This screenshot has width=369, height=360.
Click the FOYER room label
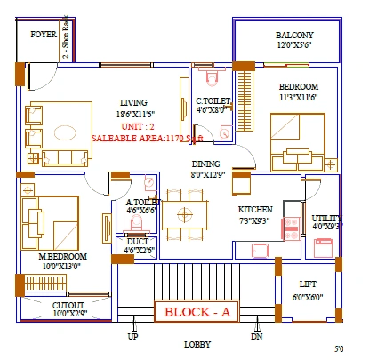click(44, 35)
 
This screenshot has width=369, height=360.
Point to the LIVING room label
click(134, 102)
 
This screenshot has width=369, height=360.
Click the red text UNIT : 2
click(135, 126)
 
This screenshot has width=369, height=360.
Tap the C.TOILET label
click(214, 101)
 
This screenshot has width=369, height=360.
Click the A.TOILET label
click(142, 203)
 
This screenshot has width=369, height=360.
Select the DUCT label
click(138, 240)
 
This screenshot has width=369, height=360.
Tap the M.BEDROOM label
click(60, 255)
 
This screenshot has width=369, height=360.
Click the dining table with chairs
click(185, 215)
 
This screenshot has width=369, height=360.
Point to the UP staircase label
click(133, 337)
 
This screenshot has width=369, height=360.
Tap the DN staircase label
click(257, 337)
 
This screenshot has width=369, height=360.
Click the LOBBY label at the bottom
click(197, 344)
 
